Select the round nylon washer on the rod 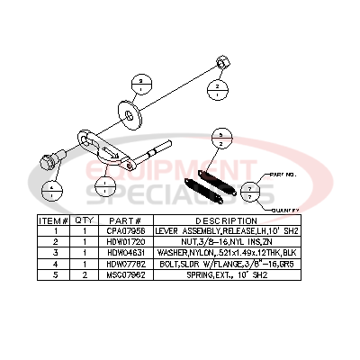(132, 112)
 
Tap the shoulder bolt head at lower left (48, 163)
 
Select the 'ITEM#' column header (53, 220)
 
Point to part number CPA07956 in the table (127, 230)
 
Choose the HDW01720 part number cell (127, 241)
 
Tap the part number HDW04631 (127, 252)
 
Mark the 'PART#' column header (127, 220)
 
